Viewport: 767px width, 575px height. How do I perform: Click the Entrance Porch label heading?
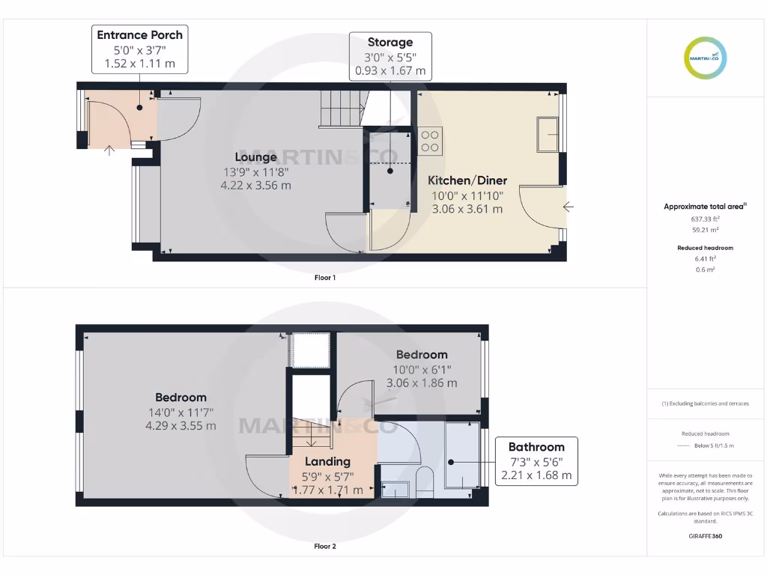click(x=139, y=34)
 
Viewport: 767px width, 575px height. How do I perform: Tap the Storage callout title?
click(x=389, y=42)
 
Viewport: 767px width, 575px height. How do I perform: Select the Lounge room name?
click(x=255, y=156)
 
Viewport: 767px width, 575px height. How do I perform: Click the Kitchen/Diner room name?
click(x=467, y=180)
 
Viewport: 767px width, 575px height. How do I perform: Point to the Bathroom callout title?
click(x=536, y=446)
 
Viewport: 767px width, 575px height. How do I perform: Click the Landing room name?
click(x=327, y=461)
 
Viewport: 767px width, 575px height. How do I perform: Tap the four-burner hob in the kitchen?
click(x=430, y=141)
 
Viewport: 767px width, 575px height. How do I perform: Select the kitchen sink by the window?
click(x=548, y=134)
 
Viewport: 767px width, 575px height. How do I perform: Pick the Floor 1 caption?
click(x=324, y=278)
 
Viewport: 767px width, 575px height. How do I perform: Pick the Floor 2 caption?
click(x=324, y=547)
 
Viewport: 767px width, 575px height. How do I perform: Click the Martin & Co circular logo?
click(x=706, y=58)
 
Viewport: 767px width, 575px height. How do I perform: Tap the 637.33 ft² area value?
click(x=705, y=219)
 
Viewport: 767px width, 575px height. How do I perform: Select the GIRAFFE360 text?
click(x=705, y=536)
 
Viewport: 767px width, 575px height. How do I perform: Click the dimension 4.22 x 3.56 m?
click(x=255, y=186)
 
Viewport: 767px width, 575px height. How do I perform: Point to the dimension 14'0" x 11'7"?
click(x=181, y=412)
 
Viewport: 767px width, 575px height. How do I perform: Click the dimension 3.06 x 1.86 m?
click(x=421, y=383)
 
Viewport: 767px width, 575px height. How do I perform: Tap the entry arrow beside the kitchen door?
click(x=569, y=207)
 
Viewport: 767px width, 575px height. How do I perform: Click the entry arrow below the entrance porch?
click(x=109, y=150)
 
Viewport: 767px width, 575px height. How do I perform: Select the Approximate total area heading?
click(x=705, y=206)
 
